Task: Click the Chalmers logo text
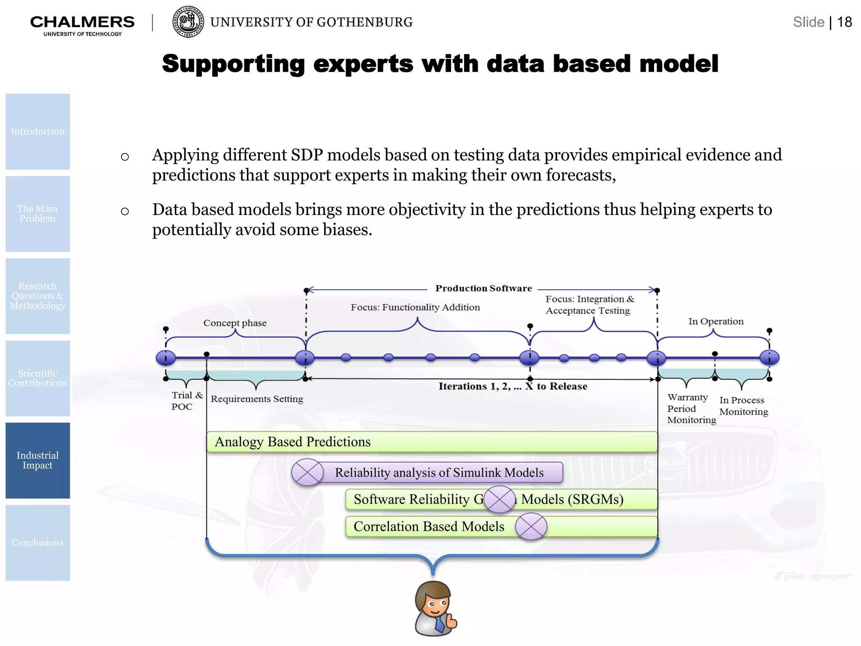(82, 22)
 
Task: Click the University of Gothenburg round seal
(188, 22)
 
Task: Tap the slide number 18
(844, 22)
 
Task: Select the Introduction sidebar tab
(37, 132)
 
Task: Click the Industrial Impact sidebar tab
(37, 461)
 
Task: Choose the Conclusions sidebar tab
(37, 543)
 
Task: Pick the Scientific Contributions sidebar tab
(37, 378)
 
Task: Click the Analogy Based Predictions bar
(432, 442)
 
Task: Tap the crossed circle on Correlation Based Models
(531, 527)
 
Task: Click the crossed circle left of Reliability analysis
(307, 472)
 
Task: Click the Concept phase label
(235, 323)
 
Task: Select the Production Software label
(483, 289)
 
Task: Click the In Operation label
(716, 321)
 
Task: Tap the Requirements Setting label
(256, 399)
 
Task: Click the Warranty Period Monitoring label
(691, 408)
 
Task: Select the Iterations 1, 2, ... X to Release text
(512, 387)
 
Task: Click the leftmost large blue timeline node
(166, 358)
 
